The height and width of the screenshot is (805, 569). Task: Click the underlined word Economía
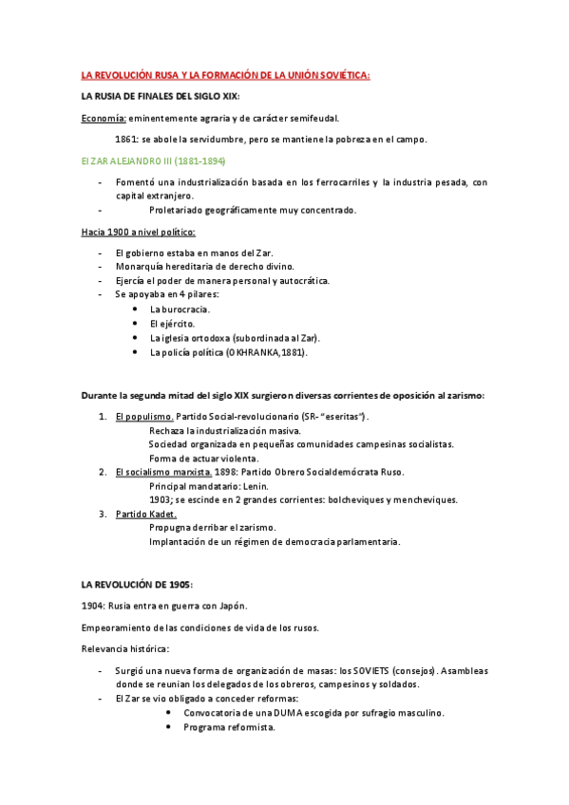(104, 119)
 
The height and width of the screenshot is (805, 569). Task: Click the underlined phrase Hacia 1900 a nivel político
(140, 233)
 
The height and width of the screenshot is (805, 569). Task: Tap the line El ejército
(172, 324)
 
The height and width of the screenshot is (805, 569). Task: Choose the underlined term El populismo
(144, 417)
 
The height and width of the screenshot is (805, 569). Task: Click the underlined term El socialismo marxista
(163, 472)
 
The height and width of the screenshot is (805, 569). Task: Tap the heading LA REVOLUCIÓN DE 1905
(137, 584)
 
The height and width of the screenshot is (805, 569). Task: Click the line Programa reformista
(229, 727)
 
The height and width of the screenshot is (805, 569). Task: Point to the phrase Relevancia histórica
(125, 649)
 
